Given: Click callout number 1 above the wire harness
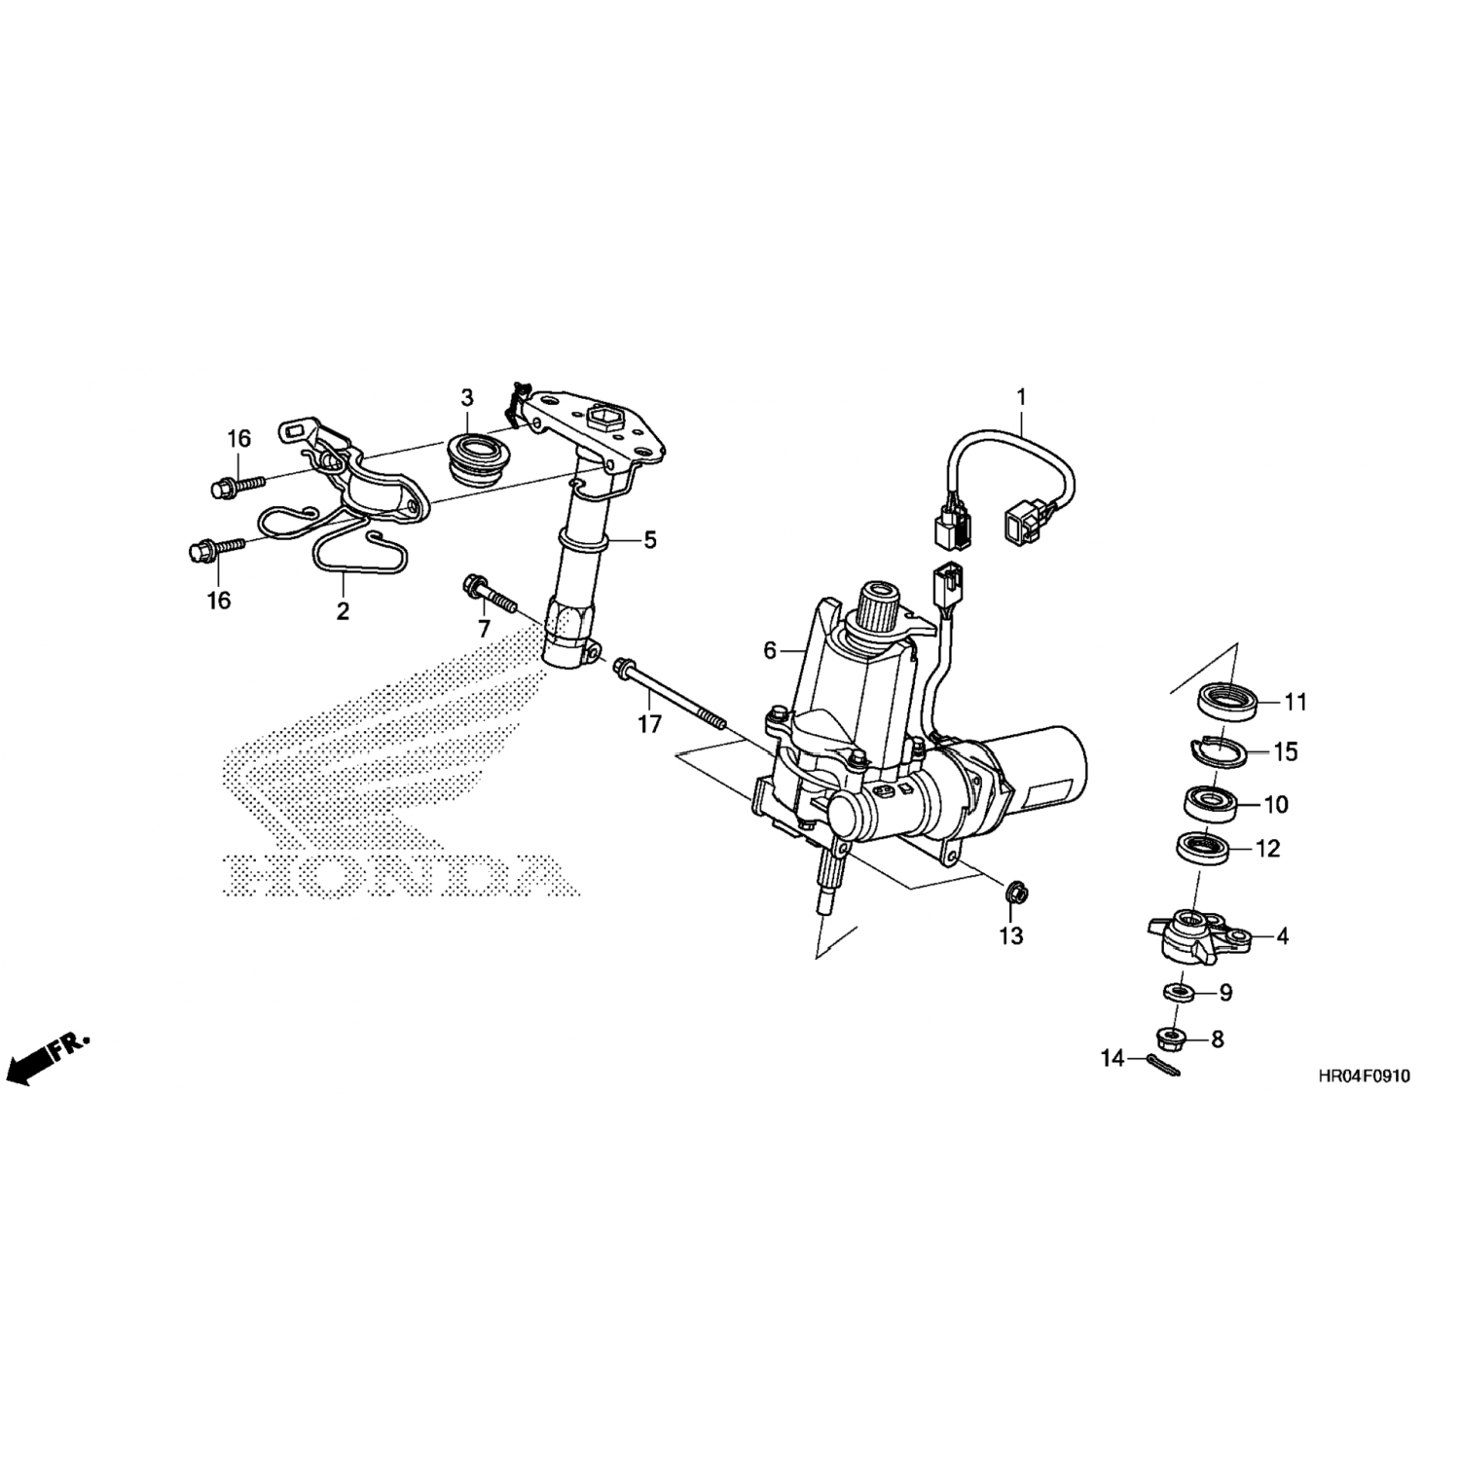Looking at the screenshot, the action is pyautogui.click(x=1021, y=397).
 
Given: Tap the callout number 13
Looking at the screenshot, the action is pyautogui.click(x=1011, y=936).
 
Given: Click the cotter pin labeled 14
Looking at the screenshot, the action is pyautogui.click(x=1164, y=1066).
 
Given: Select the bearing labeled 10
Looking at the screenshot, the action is pyautogui.click(x=1209, y=802).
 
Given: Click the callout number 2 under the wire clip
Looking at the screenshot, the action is pyautogui.click(x=343, y=611).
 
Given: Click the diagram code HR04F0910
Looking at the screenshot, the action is pyautogui.click(x=1363, y=1077).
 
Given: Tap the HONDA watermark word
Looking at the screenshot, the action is pyautogui.click(x=399, y=874).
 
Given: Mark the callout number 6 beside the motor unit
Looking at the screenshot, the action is pyautogui.click(x=770, y=650).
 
